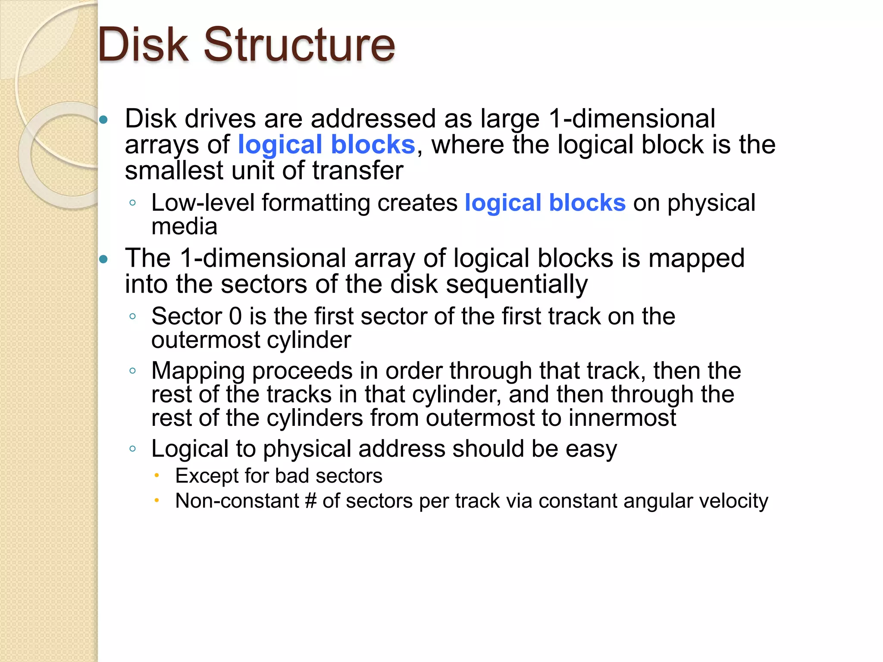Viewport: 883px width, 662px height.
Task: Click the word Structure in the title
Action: [x=299, y=44]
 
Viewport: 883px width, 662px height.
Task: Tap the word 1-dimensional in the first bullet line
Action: [x=632, y=119]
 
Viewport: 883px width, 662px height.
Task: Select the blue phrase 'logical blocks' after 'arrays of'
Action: [x=326, y=145]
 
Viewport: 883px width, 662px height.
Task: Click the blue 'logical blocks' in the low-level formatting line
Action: [x=545, y=203]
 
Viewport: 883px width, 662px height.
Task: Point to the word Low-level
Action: [x=203, y=203]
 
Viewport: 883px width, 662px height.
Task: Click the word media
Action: [x=184, y=227]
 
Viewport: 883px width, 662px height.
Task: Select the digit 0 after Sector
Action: [x=235, y=316]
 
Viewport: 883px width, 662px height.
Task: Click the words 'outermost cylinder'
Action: [x=251, y=340]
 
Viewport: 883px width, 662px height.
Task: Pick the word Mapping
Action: [x=198, y=371]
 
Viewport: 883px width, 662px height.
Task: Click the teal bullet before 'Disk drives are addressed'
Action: [x=103, y=120]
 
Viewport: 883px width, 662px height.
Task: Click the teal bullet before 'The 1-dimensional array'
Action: [x=103, y=259]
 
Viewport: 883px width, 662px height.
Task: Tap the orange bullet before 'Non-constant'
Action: [x=157, y=500]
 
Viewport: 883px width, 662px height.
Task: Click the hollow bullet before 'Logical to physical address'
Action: [x=132, y=449]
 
